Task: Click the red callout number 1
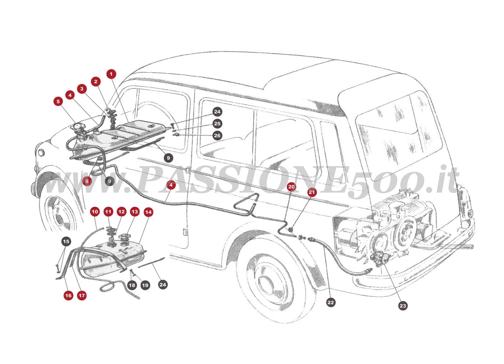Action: [111, 74]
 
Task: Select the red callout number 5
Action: [58, 102]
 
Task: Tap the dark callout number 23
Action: [403, 305]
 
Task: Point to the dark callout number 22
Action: [330, 302]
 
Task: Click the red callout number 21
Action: [312, 192]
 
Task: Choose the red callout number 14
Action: [148, 212]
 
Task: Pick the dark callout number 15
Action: [66, 241]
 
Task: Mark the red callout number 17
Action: [82, 295]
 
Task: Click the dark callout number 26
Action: [217, 136]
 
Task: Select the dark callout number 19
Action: [145, 285]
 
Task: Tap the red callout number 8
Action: [87, 181]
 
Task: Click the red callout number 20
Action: [291, 187]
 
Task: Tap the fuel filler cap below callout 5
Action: [77, 127]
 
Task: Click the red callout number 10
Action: [95, 211]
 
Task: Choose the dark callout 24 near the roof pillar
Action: [217, 112]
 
